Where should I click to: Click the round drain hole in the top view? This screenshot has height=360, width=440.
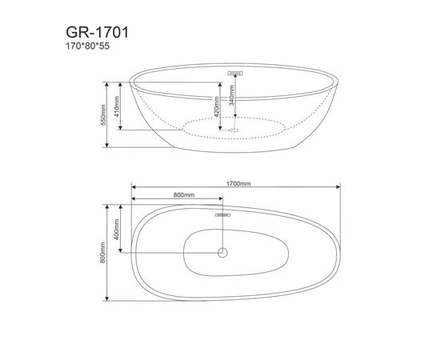[x=223, y=253]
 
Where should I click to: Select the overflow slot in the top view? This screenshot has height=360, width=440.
[x=223, y=214]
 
